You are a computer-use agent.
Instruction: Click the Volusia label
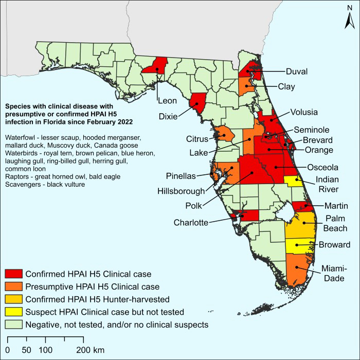coord(304,112)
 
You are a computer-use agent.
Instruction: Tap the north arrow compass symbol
coord(348,21)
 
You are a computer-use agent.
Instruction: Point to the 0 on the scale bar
coord(10,350)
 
